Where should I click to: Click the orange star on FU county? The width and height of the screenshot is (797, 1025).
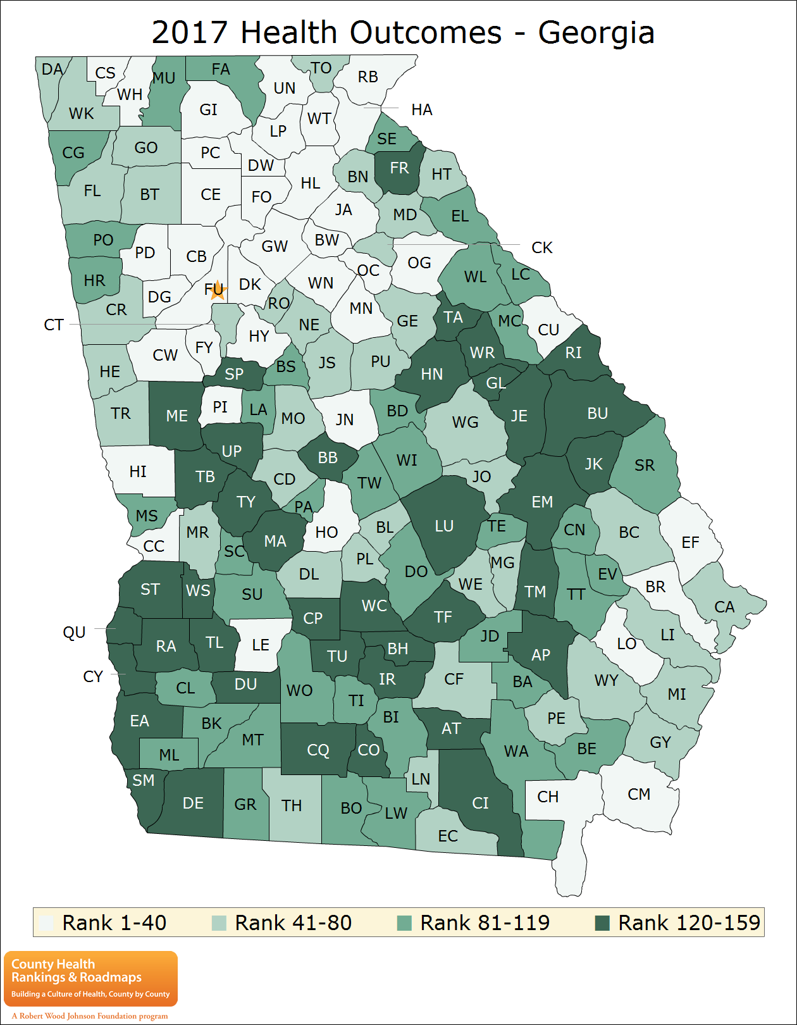tap(217, 290)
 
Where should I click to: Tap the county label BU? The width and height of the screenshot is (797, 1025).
tap(597, 414)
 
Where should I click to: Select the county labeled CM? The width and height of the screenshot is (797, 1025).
tap(639, 795)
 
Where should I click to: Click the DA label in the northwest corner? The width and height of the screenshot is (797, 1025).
tap(53, 70)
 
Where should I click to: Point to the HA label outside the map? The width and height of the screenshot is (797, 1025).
tap(421, 110)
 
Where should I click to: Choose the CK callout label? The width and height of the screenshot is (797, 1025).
tap(542, 248)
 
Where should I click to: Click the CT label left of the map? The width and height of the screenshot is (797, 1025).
tap(54, 325)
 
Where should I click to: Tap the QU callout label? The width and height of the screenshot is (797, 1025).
tap(74, 633)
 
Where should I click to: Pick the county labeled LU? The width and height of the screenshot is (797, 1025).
tap(444, 526)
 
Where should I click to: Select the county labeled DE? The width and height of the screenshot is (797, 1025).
tap(193, 804)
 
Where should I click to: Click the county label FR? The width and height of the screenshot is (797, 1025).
tap(399, 168)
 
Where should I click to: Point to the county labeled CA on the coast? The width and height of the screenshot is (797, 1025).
tap(724, 607)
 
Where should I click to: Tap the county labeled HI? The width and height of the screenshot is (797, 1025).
tap(138, 472)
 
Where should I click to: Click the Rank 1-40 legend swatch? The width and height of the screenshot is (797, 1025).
tap(46, 923)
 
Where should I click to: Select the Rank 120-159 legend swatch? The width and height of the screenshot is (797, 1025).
tap(602, 923)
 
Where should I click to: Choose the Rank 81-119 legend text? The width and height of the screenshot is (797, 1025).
tap(485, 923)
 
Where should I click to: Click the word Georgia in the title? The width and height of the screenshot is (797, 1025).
tap(596, 33)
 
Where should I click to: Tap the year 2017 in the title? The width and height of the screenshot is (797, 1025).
tap(190, 33)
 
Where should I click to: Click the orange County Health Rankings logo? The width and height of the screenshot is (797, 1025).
tap(90, 978)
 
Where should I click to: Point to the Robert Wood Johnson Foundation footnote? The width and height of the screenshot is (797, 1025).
tap(90, 1016)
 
